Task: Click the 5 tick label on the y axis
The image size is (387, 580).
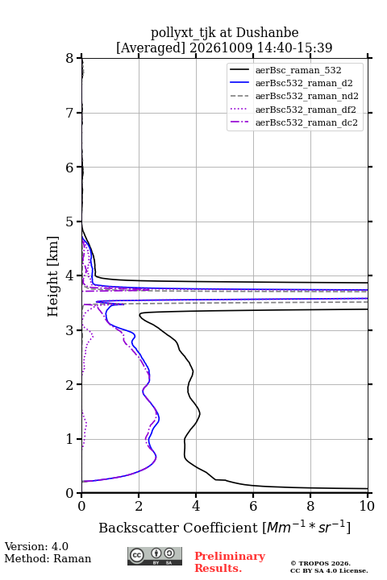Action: [70, 222]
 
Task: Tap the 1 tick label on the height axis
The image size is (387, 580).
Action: [70, 439]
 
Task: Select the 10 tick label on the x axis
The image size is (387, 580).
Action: [367, 506]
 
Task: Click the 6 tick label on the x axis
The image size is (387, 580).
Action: [253, 506]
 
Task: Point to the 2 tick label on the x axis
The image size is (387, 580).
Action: [139, 506]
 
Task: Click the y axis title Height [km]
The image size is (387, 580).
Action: [53, 276]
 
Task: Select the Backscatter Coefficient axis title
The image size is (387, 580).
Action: [224, 527]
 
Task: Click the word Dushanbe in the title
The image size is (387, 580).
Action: [267, 32]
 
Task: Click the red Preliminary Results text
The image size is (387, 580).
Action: [230, 561]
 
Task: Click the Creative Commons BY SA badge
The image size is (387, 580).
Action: [155, 557]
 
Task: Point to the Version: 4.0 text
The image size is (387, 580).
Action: [36, 546]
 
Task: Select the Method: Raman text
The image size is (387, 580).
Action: [48, 558]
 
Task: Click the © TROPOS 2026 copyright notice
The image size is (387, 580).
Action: [320, 563]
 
